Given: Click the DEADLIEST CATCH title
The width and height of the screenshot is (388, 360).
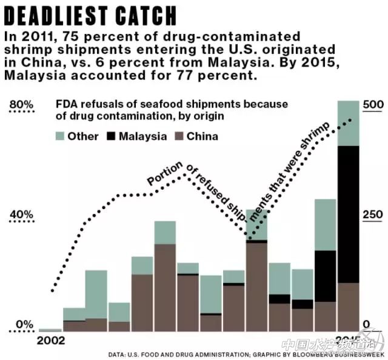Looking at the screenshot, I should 91,15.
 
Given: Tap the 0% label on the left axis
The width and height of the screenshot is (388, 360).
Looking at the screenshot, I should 24,324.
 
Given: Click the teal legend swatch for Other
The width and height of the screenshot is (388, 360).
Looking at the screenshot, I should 61,136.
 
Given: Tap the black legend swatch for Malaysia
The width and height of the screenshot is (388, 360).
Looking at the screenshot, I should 112,136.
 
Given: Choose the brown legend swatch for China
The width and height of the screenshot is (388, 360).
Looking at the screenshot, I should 179,136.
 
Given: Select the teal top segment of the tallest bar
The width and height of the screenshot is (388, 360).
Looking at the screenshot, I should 348,123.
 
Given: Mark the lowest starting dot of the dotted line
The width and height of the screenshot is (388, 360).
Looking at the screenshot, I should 53,290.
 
